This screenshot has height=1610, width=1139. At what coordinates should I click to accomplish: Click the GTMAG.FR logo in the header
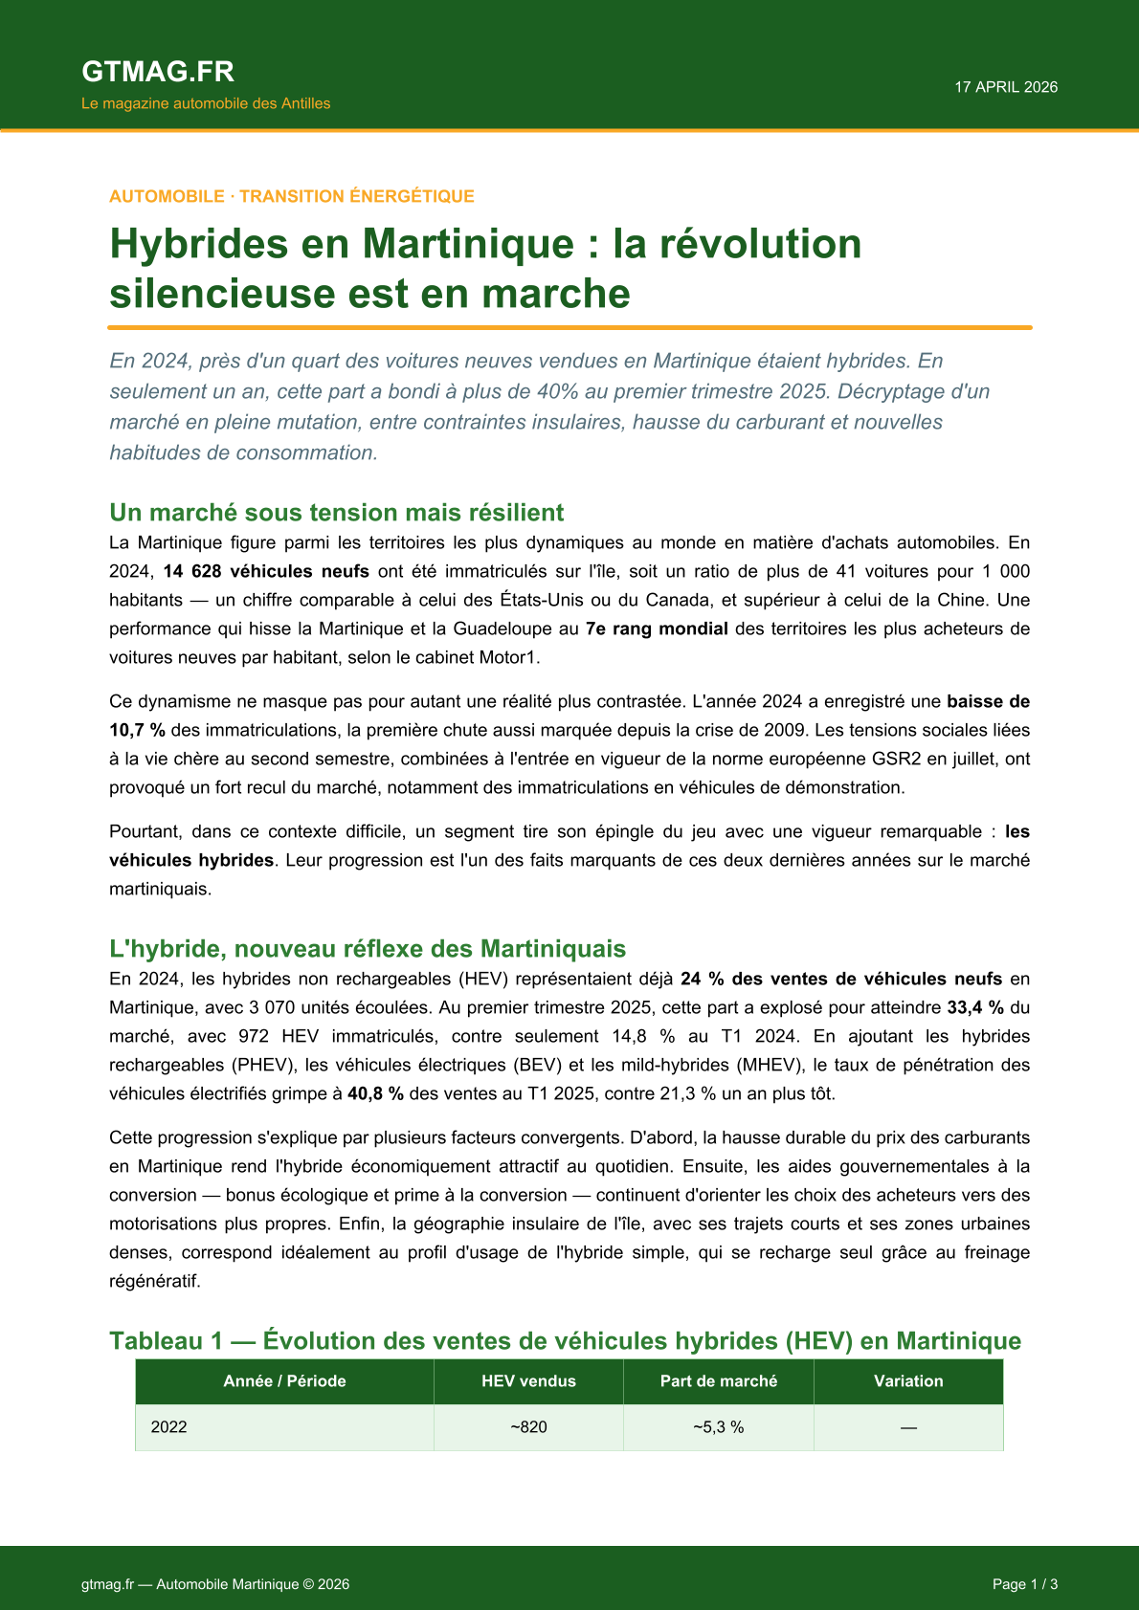(158, 72)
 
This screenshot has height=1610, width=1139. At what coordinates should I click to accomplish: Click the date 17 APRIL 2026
(1006, 87)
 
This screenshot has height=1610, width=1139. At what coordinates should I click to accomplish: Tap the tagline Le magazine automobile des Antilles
(206, 103)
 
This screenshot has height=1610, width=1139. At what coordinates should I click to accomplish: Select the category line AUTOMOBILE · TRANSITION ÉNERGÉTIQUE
(292, 196)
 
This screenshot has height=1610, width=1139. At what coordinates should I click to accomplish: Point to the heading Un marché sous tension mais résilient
(337, 513)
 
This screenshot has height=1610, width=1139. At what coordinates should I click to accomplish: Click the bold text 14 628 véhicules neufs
(266, 571)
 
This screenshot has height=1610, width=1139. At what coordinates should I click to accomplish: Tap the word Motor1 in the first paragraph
(513, 657)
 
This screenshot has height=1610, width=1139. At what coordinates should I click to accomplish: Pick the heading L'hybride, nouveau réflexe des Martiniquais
(368, 949)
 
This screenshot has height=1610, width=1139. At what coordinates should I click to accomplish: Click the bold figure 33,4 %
(975, 1007)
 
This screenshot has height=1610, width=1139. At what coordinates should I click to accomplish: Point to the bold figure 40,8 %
(375, 1093)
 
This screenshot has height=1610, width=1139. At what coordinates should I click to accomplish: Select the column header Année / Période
(284, 1381)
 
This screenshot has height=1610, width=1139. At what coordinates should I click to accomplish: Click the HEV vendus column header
(528, 1381)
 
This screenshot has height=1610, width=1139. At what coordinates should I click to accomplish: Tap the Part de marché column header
(719, 1381)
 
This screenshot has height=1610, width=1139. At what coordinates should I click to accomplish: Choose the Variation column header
(908, 1381)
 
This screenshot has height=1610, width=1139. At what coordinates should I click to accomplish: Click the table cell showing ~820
(528, 1427)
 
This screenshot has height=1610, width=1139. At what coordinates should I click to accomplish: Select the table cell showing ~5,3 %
(719, 1427)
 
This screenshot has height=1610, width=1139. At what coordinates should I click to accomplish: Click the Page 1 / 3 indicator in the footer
(1025, 1584)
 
